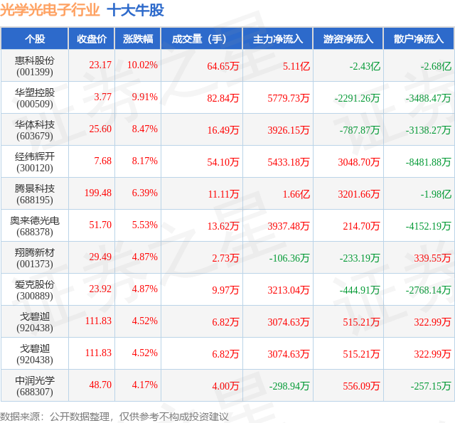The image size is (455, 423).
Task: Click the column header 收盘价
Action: click(92, 39)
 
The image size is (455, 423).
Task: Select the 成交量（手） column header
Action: click(199, 39)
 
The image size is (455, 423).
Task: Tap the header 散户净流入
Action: click(419, 39)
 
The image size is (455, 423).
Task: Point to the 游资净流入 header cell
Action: click(348, 39)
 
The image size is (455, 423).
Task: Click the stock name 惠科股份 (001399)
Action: click(35, 66)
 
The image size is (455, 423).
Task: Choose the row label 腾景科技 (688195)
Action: click(35, 194)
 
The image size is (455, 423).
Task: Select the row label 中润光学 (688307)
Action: click(35, 386)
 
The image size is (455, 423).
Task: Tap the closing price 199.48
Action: click(98, 193)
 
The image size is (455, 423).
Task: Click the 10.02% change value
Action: click(142, 65)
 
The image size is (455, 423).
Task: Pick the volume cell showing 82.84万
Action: click(223, 98)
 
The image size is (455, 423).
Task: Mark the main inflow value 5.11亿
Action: click(296, 66)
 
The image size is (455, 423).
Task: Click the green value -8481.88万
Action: click(428, 162)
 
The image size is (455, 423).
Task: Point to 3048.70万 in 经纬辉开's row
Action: click(358, 162)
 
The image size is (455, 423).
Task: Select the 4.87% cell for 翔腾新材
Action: click(145, 257)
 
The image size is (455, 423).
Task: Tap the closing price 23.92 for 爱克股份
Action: click(100, 289)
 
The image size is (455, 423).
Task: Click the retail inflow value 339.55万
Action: click(432, 258)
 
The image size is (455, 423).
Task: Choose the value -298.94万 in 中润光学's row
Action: click(289, 386)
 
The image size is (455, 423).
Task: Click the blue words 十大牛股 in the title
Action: click(136, 11)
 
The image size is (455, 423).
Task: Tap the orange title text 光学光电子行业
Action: click(50, 11)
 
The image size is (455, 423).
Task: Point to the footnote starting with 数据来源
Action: click(114, 417)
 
